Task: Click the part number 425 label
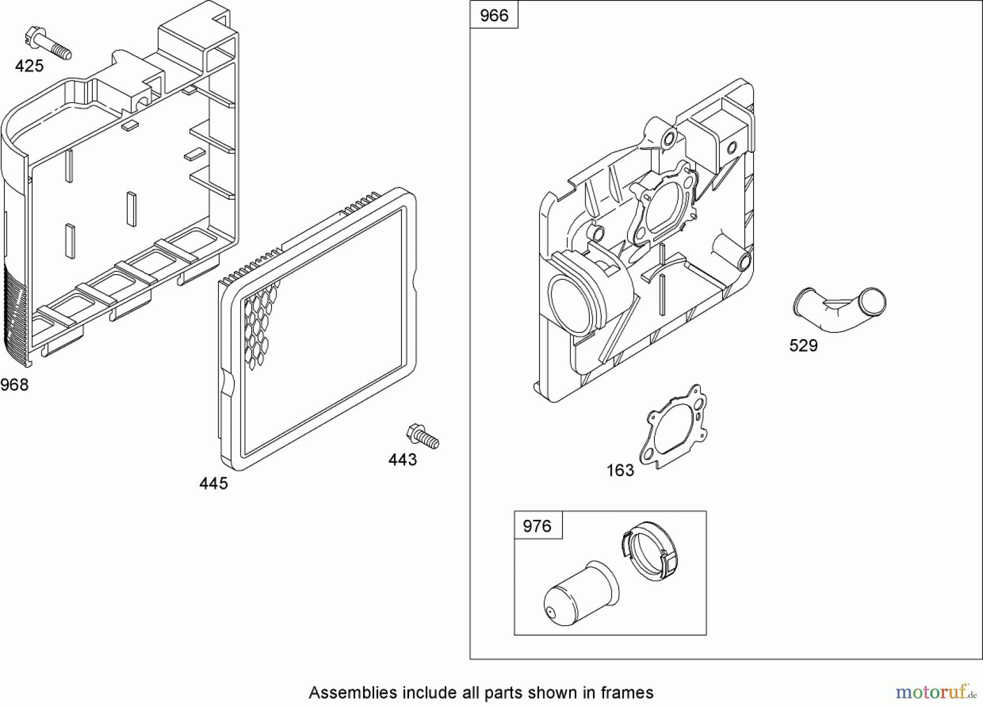point(29,66)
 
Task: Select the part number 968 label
point(14,385)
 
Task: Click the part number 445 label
point(214,483)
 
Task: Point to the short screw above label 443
point(423,436)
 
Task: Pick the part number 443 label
point(402,460)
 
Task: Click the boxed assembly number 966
point(494,15)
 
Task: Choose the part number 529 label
point(803,346)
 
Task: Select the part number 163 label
point(620,470)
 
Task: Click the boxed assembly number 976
point(537,526)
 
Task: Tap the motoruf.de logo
point(936,692)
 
